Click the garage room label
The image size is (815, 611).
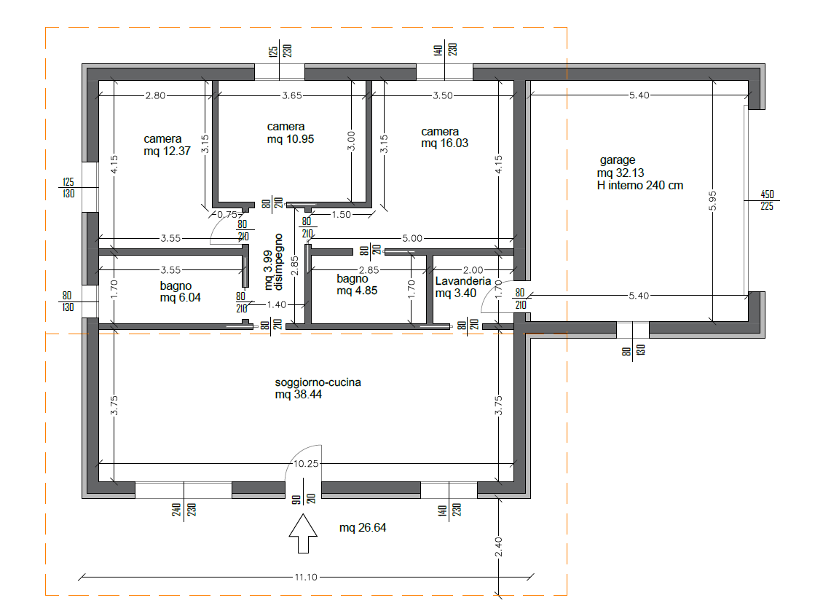point(618,160)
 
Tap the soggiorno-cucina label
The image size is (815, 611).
point(318,382)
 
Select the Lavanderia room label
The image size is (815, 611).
point(463,281)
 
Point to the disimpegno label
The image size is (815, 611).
point(279,262)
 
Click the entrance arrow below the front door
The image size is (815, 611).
point(303,534)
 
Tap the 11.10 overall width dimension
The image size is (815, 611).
point(306,578)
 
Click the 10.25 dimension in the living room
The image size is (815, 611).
point(306,463)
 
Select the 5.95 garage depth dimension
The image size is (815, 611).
point(712,201)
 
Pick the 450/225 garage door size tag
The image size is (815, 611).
point(767,200)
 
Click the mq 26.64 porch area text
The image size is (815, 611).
point(363,528)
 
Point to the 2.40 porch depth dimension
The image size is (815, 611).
point(498,547)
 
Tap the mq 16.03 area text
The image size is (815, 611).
point(444,143)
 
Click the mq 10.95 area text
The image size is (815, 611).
point(291,139)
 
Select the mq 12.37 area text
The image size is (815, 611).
point(168,151)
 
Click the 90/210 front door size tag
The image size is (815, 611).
point(303,499)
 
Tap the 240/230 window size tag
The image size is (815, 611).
point(184,509)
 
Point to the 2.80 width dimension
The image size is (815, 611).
point(155,95)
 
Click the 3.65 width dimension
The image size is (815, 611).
point(292,95)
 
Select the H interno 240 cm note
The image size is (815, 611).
point(640,186)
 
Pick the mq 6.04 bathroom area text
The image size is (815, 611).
point(181,298)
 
